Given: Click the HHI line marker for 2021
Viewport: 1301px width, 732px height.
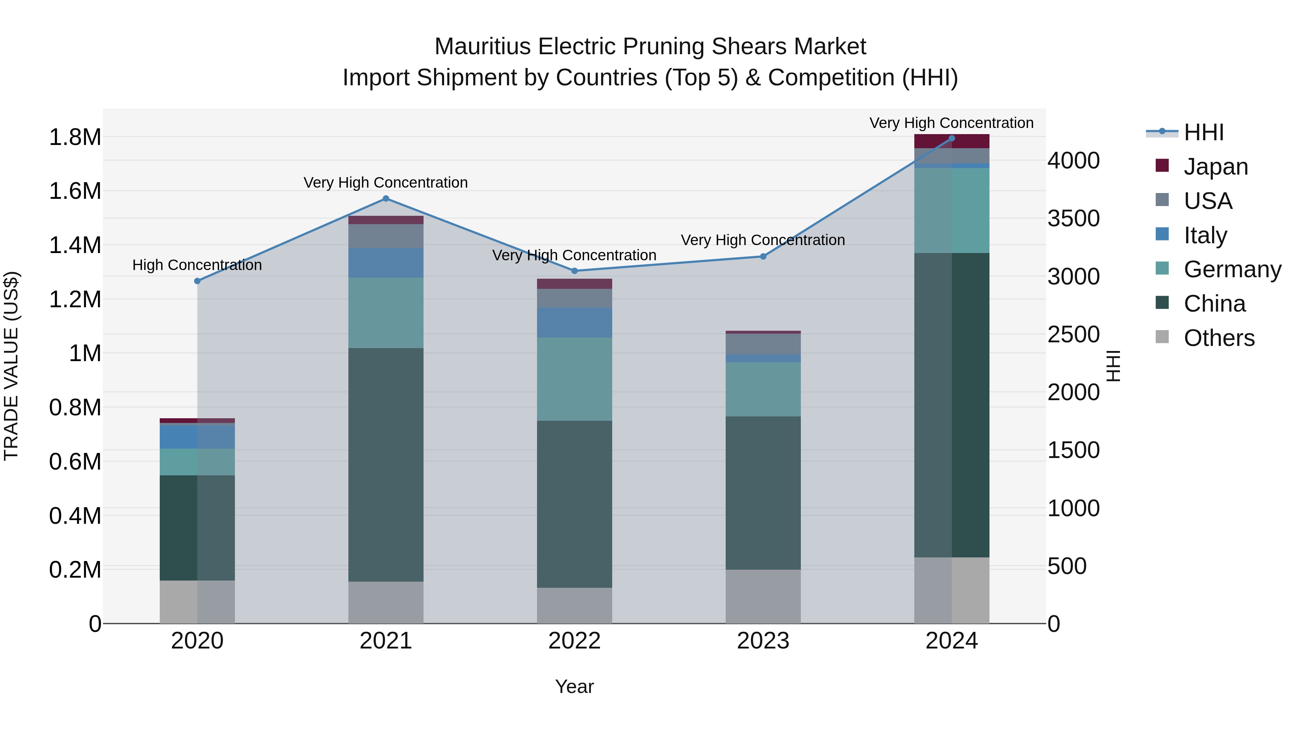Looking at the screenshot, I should pos(386,198).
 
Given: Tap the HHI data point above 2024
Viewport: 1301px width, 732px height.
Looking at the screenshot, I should pos(952,138).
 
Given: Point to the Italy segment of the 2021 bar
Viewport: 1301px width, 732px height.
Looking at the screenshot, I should pos(386,263).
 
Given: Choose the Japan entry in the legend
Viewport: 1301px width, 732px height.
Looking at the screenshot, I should pos(1215,167).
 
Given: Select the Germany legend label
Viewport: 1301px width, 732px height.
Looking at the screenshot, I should pos(1232,269).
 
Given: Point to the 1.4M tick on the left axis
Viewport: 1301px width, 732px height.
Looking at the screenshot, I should pos(75,245).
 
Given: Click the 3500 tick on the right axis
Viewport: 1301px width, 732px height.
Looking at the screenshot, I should pos(1073,218).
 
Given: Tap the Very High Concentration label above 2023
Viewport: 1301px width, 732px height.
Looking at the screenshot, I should pos(763,240).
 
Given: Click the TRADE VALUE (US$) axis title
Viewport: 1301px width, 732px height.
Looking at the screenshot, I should pos(11,366).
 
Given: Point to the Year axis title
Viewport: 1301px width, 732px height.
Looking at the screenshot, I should pos(574,686).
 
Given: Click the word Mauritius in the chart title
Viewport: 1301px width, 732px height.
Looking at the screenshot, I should pos(482,47).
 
